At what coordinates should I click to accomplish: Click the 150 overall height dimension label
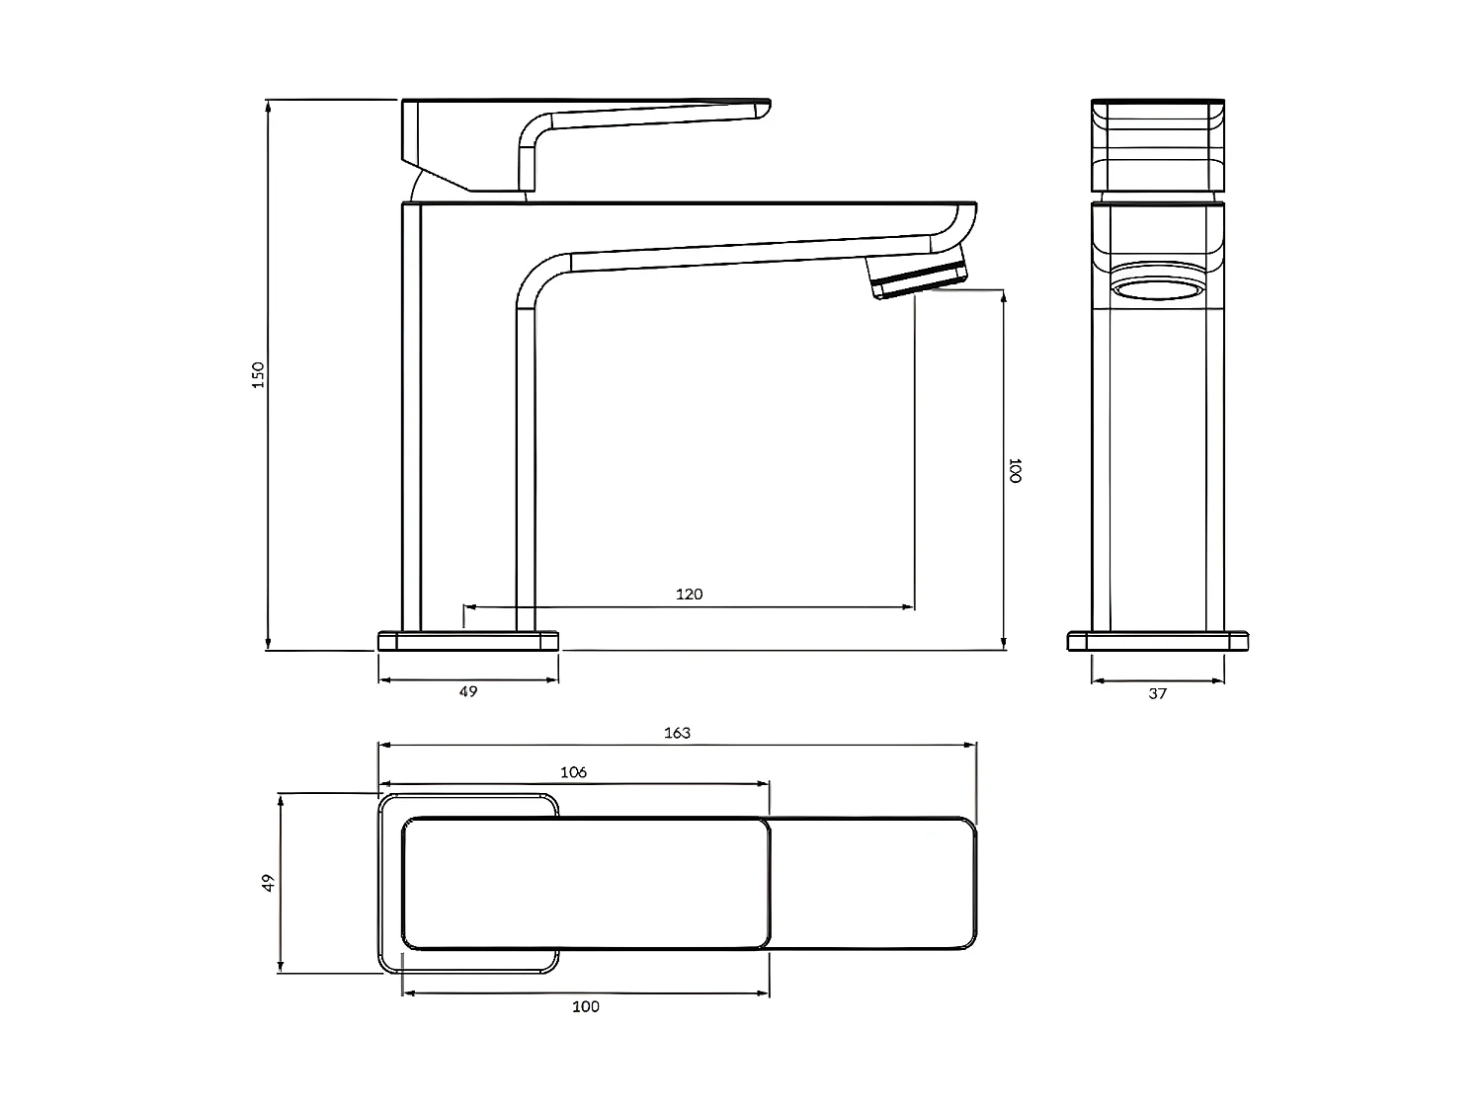click(x=258, y=375)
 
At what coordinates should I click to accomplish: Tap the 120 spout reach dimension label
click(x=689, y=595)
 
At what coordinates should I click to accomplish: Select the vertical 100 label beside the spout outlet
click(x=1014, y=470)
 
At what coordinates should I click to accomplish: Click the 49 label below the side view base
click(x=468, y=691)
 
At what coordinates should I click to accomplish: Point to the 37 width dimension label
click(x=1157, y=693)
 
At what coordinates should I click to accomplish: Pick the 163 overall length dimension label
click(x=677, y=733)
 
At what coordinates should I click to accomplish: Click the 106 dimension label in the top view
click(x=573, y=772)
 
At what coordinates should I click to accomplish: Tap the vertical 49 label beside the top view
click(x=268, y=883)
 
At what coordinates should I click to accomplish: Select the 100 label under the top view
click(x=585, y=1006)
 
